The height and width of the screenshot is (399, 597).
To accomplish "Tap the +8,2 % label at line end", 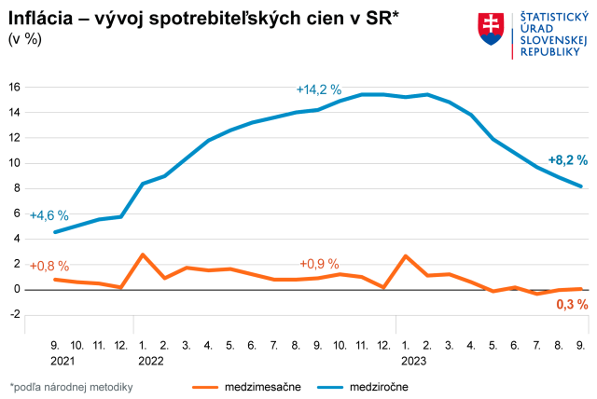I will click(567, 158).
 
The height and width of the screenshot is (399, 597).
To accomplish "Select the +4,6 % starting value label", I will click(49, 215).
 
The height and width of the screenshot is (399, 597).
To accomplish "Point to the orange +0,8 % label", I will click(49, 266).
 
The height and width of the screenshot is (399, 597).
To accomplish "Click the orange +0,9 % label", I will click(319, 264).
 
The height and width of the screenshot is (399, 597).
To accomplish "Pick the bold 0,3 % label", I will click(572, 304).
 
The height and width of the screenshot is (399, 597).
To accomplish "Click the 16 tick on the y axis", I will click(14, 87).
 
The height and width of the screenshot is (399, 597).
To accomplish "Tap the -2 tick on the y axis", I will click(14, 314).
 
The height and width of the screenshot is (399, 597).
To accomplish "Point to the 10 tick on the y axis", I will click(14, 163).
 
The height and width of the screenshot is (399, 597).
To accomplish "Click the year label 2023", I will click(414, 359).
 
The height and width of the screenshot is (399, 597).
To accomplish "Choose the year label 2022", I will click(150, 359).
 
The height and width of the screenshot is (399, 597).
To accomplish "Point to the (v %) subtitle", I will click(25, 38).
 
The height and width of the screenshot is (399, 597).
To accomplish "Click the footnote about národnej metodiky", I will click(73, 386).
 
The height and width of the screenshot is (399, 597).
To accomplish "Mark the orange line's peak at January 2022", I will click(142, 254).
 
